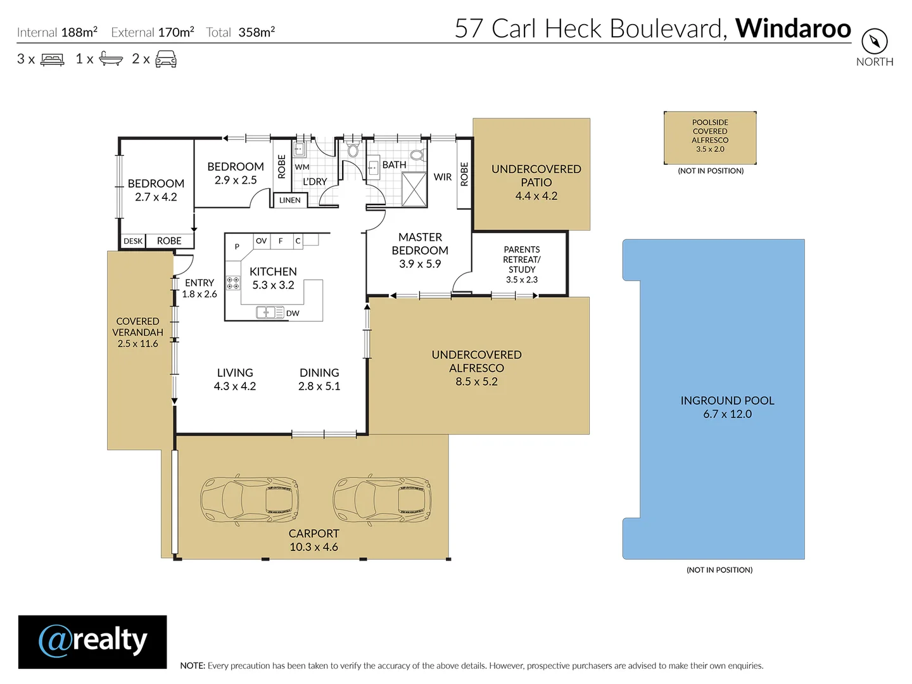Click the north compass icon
(x=874, y=41)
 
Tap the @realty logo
(x=92, y=641)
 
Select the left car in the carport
(x=250, y=498)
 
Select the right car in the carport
(x=382, y=498)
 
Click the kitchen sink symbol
(x=270, y=312)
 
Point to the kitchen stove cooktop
(x=233, y=283)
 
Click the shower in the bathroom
(x=414, y=189)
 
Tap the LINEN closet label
(x=289, y=200)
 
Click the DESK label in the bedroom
(x=133, y=241)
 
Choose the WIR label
(x=443, y=177)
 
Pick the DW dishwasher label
(x=293, y=313)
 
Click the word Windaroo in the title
(x=793, y=28)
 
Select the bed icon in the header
(x=53, y=60)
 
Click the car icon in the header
(x=166, y=59)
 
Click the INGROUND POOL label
(x=727, y=400)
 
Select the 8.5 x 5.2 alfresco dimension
(x=476, y=381)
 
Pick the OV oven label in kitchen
(x=262, y=241)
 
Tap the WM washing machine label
(x=302, y=167)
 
